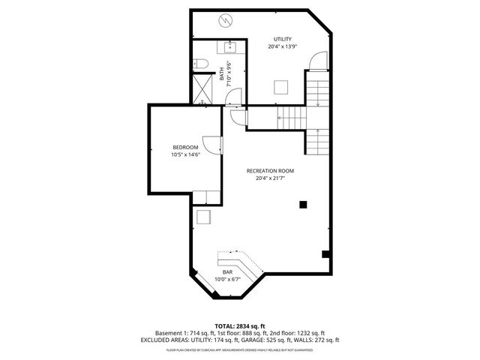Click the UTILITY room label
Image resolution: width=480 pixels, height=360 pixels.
(282, 39)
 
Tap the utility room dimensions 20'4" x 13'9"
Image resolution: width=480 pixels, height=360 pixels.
(282, 46)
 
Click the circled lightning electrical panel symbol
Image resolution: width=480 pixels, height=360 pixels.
(223, 22)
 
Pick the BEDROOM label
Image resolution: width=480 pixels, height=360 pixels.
(185, 147)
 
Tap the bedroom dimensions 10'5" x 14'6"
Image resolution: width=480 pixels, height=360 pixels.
(185, 154)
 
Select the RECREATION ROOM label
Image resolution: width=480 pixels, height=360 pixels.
(270, 171)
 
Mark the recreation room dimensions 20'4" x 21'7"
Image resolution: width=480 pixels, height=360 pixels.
(270, 178)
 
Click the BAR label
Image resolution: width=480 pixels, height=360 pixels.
(227, 271)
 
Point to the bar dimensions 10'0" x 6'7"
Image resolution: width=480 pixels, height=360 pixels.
(227, 279)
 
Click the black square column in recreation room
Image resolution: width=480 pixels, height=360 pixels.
(303, 203)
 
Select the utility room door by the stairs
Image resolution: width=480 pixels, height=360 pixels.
(320, 61)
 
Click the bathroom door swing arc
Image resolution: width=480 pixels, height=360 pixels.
(235, 95)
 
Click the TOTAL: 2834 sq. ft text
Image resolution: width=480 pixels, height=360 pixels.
(239, 325)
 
